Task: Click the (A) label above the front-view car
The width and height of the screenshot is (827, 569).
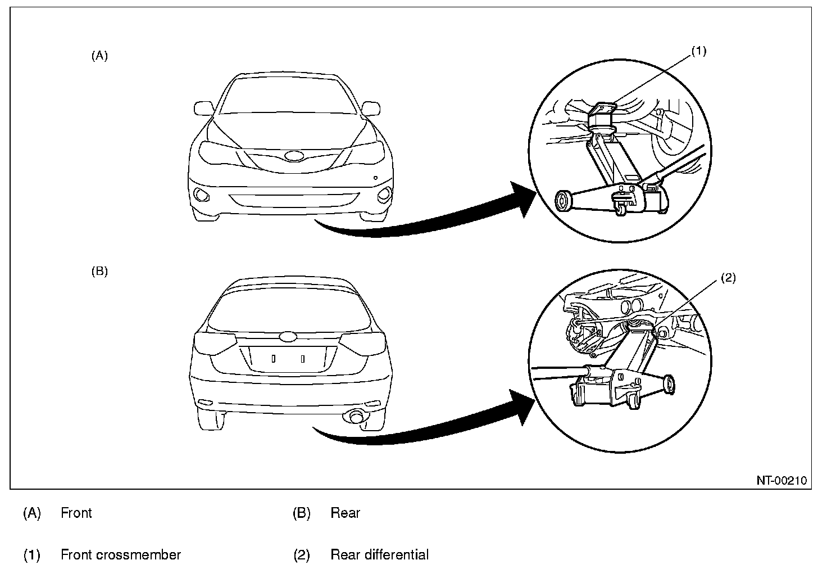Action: pos(99,56)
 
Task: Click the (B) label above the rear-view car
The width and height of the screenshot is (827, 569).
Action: pos(99,272)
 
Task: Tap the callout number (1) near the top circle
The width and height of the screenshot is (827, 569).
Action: pos(698,51)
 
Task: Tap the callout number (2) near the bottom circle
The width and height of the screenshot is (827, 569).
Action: pos(728,278)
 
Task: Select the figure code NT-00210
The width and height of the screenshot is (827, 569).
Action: pos(781,480)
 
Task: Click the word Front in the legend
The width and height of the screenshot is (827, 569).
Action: pos(76,513)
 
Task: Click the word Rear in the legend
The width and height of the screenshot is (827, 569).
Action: pos(345,513)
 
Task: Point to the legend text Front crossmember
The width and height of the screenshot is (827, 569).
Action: pos(120,555)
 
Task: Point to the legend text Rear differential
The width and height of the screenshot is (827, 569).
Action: pos(379,555)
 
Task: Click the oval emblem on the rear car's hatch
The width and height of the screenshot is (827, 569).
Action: pos(288,336)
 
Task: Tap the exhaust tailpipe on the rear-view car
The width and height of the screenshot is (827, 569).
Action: pos(356,417)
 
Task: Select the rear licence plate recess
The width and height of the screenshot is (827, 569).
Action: pos(288,358)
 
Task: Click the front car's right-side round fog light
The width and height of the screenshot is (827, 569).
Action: pos(384,195)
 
